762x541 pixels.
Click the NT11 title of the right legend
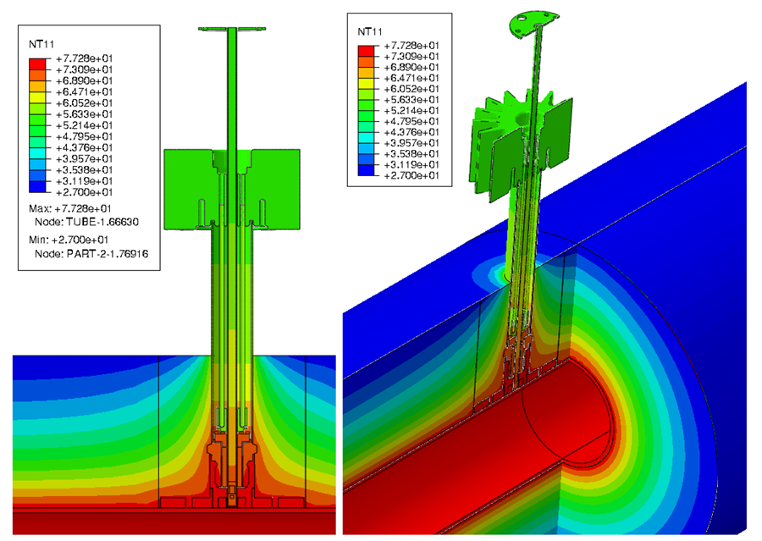(x=367, y=32)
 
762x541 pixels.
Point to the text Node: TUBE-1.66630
(x=88, y=222)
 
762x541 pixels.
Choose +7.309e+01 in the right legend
(x=411, y=55)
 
